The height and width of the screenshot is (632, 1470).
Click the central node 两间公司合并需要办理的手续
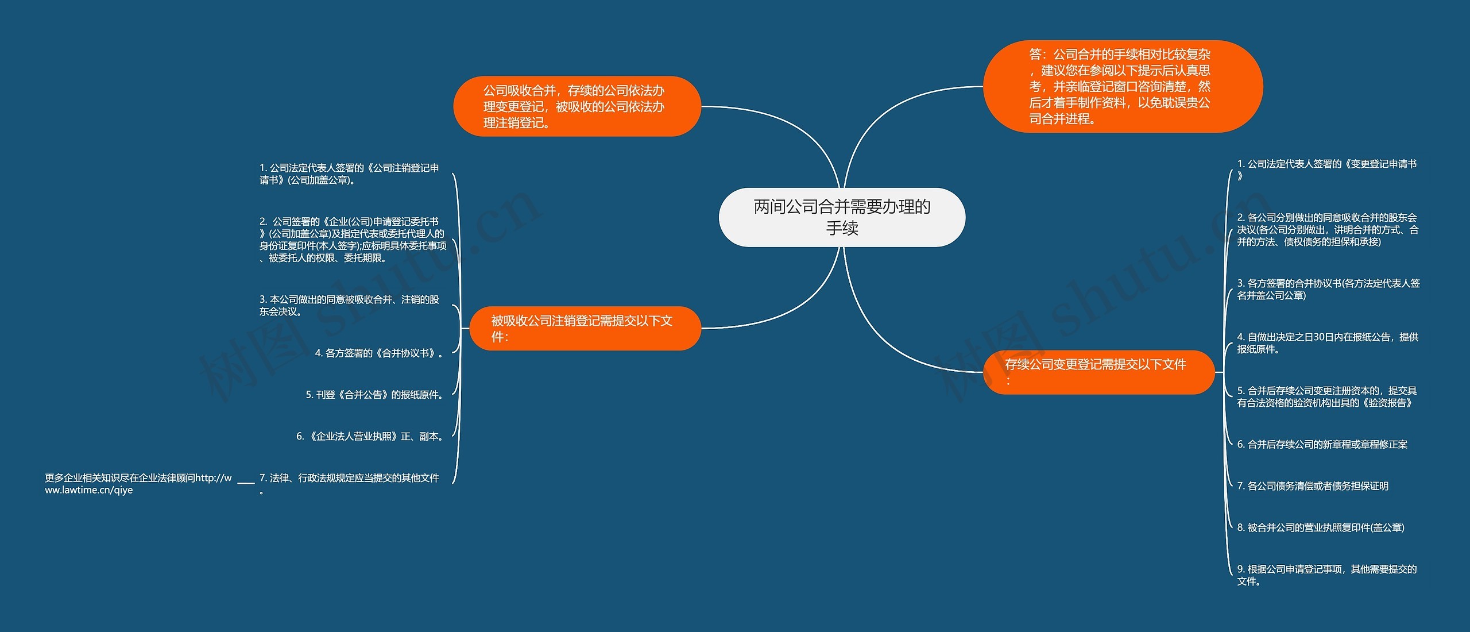[x=842, y=217]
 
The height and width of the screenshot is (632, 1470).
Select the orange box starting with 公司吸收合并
[x=577, y=106]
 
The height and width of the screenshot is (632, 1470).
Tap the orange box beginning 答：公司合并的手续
[x=1122, y=86]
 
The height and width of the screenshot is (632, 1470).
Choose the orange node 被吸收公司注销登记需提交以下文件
[x=585, y=328]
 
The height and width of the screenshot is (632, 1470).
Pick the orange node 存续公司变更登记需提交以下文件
[x=1098, y=372]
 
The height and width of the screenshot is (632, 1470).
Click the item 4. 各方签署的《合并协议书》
[x=379, y=353]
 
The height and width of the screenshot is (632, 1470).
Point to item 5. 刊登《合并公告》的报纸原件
[x=374, y=395]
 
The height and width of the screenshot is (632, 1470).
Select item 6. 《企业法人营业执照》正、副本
[x=370, y=437]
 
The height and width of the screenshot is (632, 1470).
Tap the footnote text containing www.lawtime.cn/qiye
[x=138, y=484]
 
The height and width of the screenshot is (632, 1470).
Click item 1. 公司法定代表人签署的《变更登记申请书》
[x=1326, y=169]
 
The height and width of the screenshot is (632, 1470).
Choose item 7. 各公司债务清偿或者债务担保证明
[x=1313, y=486]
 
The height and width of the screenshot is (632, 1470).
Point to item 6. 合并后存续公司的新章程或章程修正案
[x=1322, y=444]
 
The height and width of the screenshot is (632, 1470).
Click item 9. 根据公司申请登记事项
[x=1326, y=575]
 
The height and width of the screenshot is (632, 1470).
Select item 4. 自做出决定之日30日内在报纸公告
[x=1327, y=343]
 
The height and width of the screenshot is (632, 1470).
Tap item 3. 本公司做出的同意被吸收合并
[x=349, y=305]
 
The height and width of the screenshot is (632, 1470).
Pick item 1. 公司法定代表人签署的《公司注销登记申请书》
[x=349, y=174]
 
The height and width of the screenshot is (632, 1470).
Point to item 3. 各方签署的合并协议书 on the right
[x=1328, y=289]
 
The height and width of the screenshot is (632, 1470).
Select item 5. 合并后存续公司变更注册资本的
[x=1326, y=396]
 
